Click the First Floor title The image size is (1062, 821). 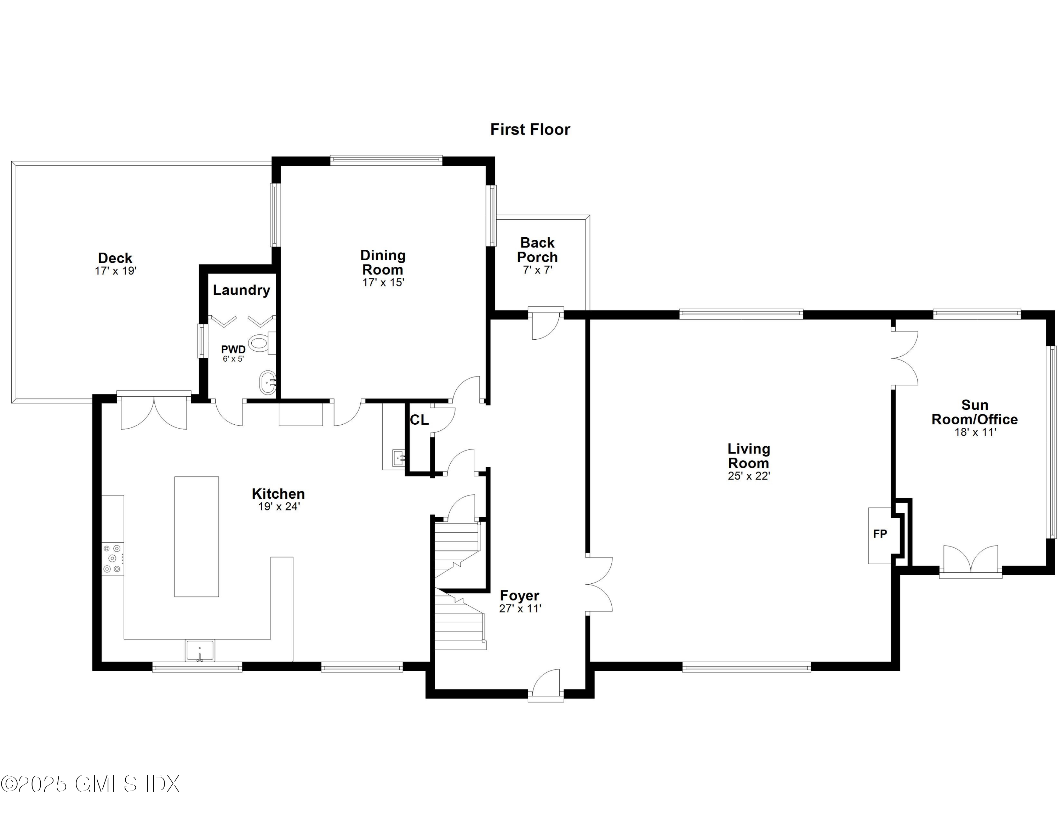click(530, 129)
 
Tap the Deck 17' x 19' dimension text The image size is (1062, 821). click(116, 271)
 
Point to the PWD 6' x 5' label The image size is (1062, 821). click(233, 353)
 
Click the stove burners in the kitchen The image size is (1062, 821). click(112, 558)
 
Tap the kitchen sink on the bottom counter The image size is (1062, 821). click(199, 650)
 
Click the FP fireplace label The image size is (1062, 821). click(880, 534)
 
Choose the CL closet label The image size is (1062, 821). click(419, 420)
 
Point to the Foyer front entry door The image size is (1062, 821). click(546, 685)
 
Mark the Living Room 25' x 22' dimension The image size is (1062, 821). click(748, 476)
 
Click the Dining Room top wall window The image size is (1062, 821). click(386, 159)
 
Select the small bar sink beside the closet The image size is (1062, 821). click(398, 458)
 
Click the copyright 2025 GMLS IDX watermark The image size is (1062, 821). click(90, 784)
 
